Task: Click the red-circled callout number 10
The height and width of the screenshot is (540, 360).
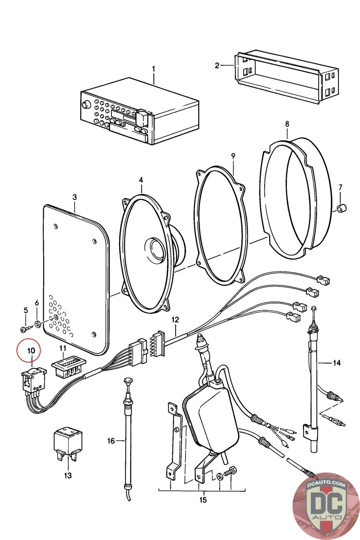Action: [31, 351]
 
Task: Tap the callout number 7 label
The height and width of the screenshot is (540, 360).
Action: [340, 187]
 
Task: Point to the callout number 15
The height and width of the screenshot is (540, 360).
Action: [203, 500]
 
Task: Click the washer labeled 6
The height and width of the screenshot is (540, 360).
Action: [37, 324]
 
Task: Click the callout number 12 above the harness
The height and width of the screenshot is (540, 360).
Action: [175, 320]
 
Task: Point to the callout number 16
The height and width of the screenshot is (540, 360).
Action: [111, 441]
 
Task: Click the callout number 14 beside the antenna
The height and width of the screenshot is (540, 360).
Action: [337, 362]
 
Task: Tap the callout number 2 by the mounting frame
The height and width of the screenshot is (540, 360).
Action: [217, 65]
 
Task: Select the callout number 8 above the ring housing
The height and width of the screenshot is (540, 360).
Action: [287, 124]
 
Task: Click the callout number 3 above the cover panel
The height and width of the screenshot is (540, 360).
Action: [75, 197]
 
